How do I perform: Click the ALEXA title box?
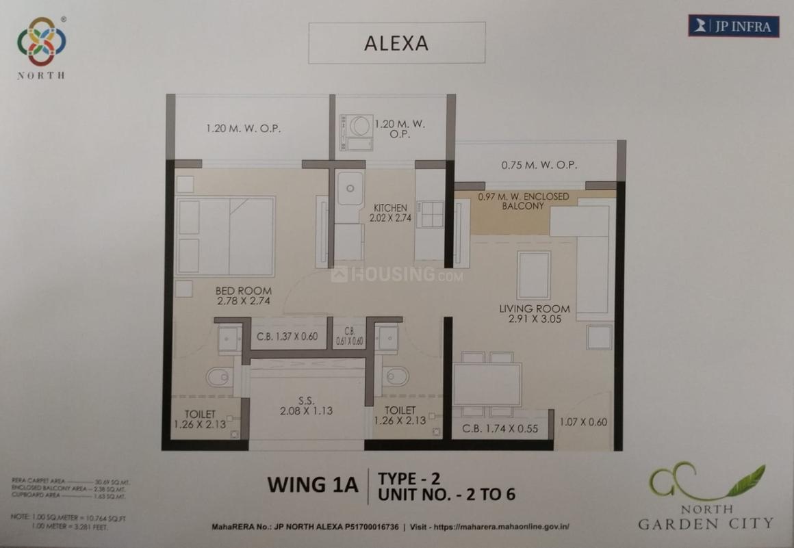tap(396, 43)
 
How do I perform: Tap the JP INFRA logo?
tap(733, 26)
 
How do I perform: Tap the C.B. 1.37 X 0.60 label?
tap(287, 336)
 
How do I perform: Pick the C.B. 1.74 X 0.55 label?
tap(500, 430)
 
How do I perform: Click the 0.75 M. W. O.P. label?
tap(539, 165)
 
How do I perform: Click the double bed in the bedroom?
tap(226, 236)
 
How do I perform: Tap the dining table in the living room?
tap(487, 384)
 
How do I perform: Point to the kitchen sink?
tap(350, 188)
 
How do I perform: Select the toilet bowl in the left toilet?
tap(219, 377)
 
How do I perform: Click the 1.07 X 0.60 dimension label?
tap(583, 422)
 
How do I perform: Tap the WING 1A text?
tap(313, 484)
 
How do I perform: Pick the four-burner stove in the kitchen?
tap(431, 214)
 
